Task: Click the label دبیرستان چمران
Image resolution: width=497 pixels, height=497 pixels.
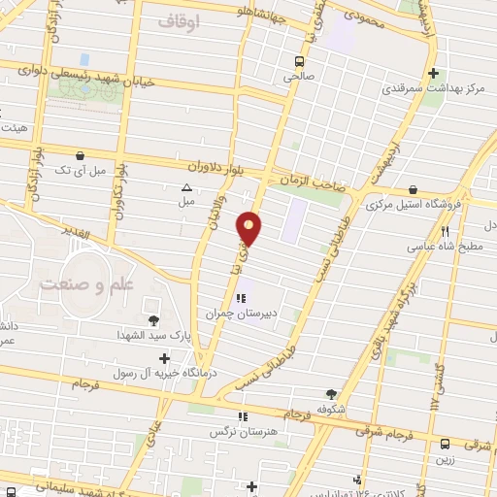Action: pyautogui.click(x=234, y=314)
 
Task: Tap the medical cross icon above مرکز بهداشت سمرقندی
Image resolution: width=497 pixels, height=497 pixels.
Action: pyautogui.click(x=434, y=73)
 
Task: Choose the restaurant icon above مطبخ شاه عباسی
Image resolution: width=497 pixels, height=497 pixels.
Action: pyautogui.click(x=446, y=231)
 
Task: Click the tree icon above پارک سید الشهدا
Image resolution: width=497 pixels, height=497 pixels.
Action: pyautogui.click(x=152, y=320)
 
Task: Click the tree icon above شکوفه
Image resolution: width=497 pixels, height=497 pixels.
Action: pyautogui.click(x=333, y=394)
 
